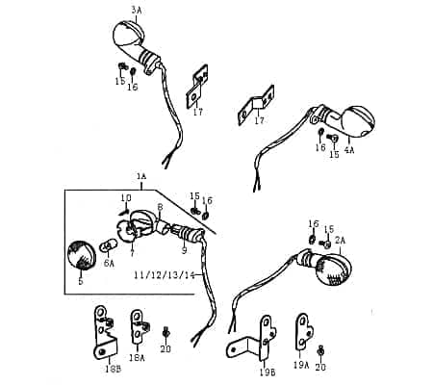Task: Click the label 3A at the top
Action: pos(136,10)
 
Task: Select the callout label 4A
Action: pos(349,150)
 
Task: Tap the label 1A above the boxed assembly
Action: pos(141,176)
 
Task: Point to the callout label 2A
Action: pos(339,239)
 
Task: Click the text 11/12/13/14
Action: pos(165,275)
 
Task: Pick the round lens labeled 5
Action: pos(80,257)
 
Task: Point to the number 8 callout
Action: pos(160,207)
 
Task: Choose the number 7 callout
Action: pos(132,253)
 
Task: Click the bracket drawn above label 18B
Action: pos(104,331)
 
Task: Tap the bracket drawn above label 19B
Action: pos(253,341)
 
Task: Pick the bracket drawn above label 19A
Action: pos(302,332)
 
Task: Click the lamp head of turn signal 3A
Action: pos(128,35)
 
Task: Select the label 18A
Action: pos(138,357)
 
